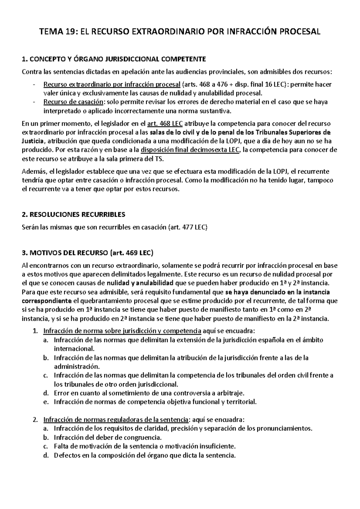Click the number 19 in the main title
70,31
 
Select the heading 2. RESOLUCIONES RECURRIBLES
73,215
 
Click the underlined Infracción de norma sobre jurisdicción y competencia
122,331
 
